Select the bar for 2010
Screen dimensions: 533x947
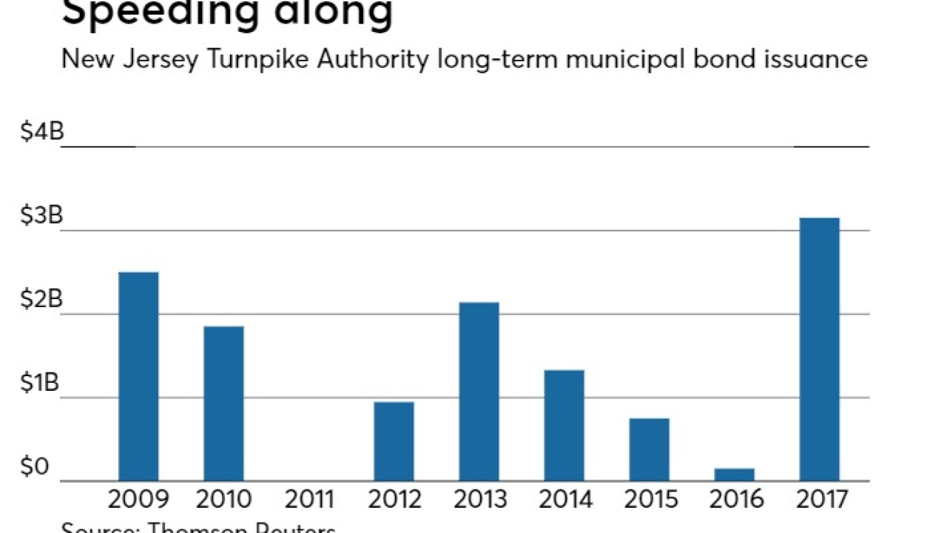(x=223, y=403)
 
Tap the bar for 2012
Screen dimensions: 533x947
(x=394, y=441)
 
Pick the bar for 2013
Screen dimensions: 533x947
(x=479, y=392)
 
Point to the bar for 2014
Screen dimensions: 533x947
(x=564, y=426)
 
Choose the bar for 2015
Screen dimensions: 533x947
(x=650, y=449)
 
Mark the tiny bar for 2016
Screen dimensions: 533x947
(x=735, y=475)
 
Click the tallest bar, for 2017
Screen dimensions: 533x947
(x=820, y=349)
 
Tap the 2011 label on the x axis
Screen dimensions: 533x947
(x=309, y=500)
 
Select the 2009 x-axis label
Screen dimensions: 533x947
(x=138, y=500)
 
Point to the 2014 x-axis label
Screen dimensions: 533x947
(x=565, y=500)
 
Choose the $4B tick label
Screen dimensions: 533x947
(x=42, y=133)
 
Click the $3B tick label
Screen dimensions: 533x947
(x=42, y=216)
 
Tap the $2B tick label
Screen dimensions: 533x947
(x=42, y=300)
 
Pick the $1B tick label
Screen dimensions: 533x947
(x=42, y=383)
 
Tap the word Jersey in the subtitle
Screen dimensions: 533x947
(x=165, y=58)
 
